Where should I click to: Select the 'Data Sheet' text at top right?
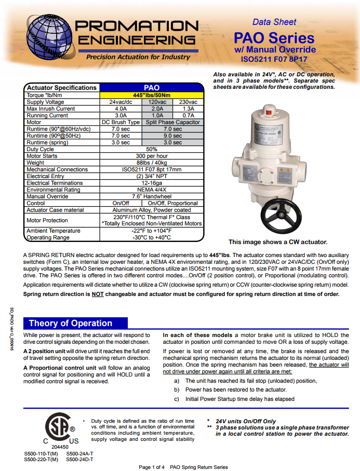tap(274, 22)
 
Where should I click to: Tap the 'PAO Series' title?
tap(274, 37)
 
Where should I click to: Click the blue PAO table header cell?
tap(151, 88)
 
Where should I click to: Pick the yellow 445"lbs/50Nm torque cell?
tap(151, 95)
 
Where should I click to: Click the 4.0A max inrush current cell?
tap(121, 109)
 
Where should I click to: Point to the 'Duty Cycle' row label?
tap(40, 149)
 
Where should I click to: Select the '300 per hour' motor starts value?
tap(151, 156)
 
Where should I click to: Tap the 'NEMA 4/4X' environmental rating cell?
tap(151, 190)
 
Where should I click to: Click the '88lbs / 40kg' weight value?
tap(151, 163)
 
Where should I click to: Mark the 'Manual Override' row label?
tap(47, 196)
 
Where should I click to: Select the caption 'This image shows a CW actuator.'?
tap(278, 242)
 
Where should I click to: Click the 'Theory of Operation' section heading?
tap(71, 323)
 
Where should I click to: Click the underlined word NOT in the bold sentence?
tap(97, 294)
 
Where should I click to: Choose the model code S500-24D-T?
tap(80, 459)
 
